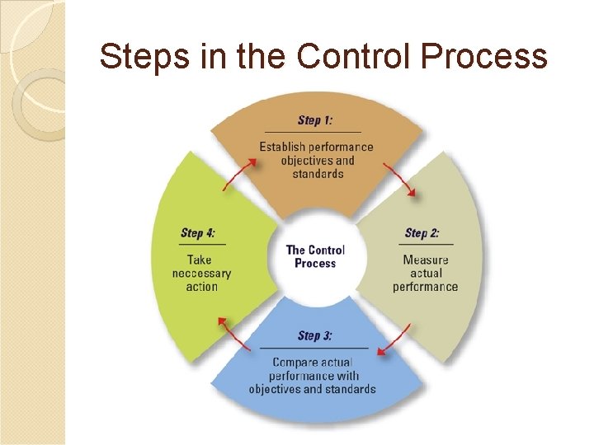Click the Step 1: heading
pyautogui.click(x=315, y=120)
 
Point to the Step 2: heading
pyautogui.click(x=422, y=233)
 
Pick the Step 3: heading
pyautogui.click(x=315, y=335)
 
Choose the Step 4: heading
pyautogui.click(x=198, y=233)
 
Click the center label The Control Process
pyautogui.click(x=315, y=256)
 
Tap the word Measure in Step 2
pyautogui.click(x=426, y=260)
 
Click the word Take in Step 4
pyautogui.click(x=200, y=260)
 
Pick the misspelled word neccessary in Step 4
pyautogui.click(x=202, y=274)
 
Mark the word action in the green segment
pyautogui.click(x=202, y=287)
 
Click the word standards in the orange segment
pyautogui.click(x=318, y=174)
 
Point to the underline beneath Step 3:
pyautogui.click(x=313, y=349)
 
